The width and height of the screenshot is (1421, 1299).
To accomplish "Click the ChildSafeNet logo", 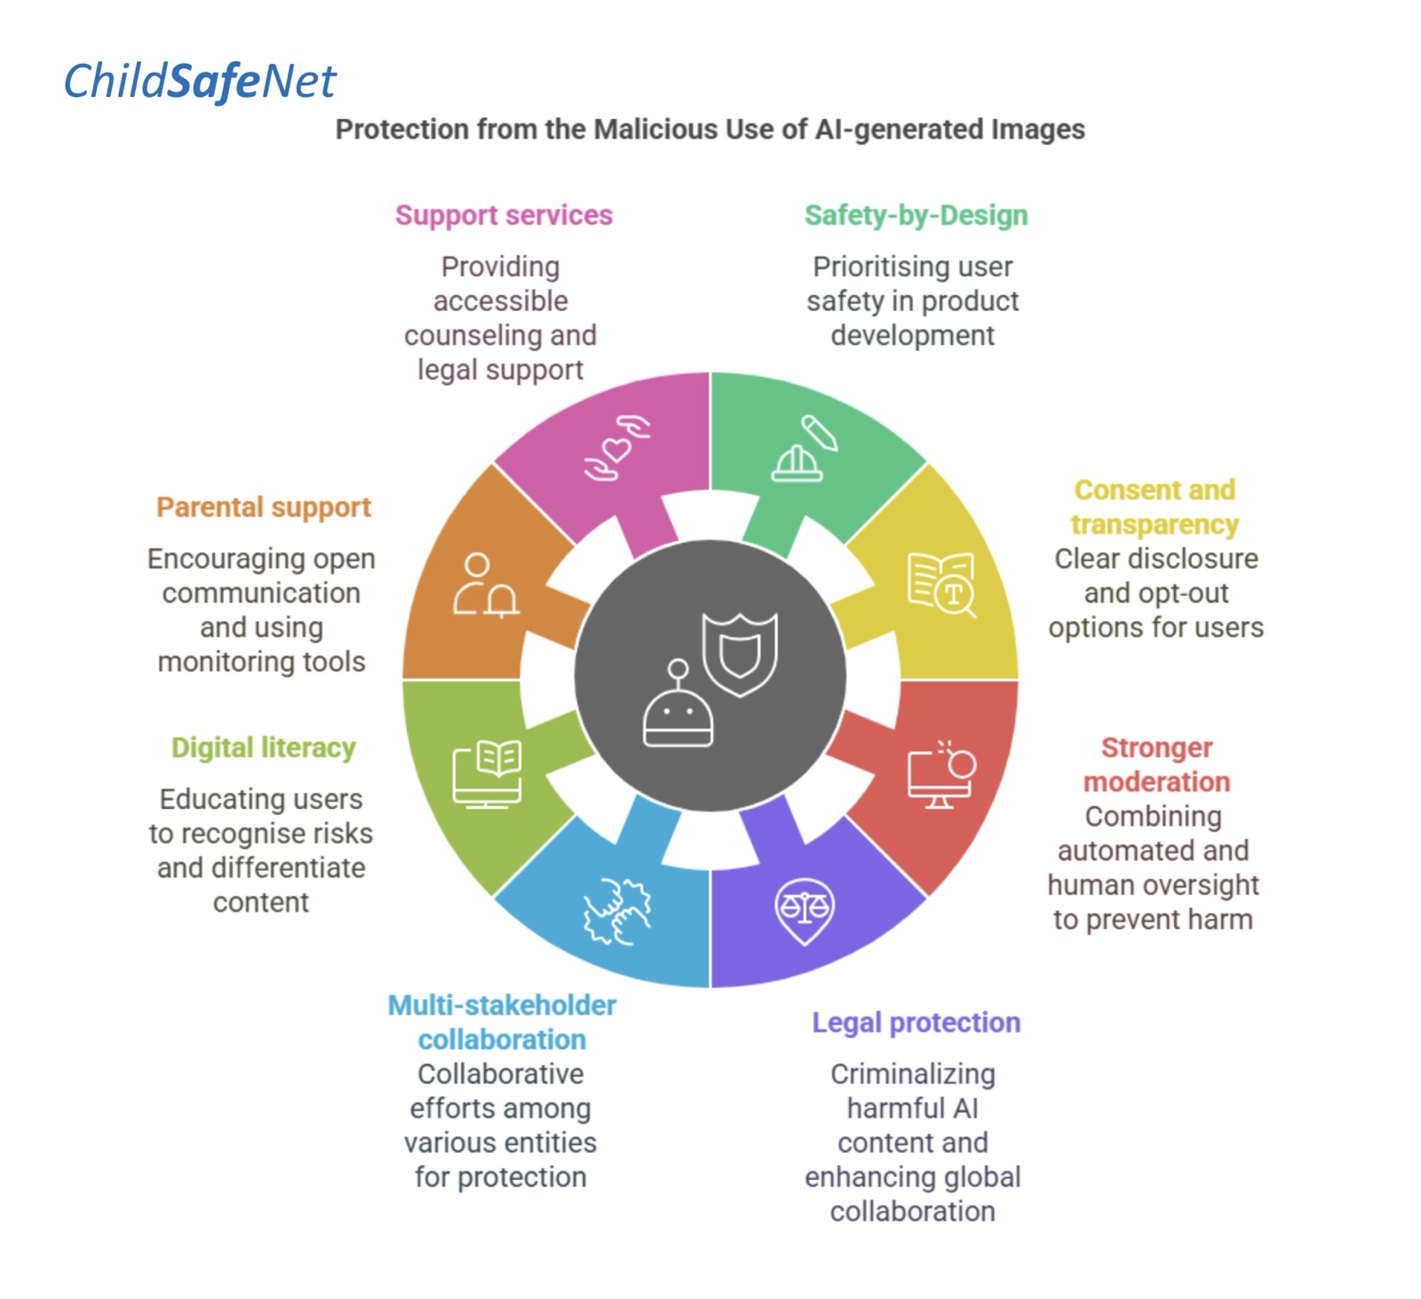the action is (200, 82).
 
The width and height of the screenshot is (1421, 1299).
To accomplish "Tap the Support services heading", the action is (504, 216).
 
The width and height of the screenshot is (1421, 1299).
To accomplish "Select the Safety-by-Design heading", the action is (916, 216).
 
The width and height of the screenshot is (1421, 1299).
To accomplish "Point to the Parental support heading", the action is (264, 508).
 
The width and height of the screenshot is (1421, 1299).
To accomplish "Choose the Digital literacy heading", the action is (263, 749).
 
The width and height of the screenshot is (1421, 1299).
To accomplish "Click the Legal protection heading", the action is (916, 1023).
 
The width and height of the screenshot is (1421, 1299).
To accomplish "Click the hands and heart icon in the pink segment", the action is (616, 448).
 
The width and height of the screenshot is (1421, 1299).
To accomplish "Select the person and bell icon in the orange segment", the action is (485, 586).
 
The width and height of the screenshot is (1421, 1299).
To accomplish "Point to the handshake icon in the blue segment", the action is (616, 912).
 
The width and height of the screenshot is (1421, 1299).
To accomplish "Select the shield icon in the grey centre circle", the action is (740, 654).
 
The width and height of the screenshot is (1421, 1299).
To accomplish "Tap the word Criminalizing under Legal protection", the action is (913, 1074).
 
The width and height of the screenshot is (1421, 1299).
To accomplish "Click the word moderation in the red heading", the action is (1156, 782).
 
